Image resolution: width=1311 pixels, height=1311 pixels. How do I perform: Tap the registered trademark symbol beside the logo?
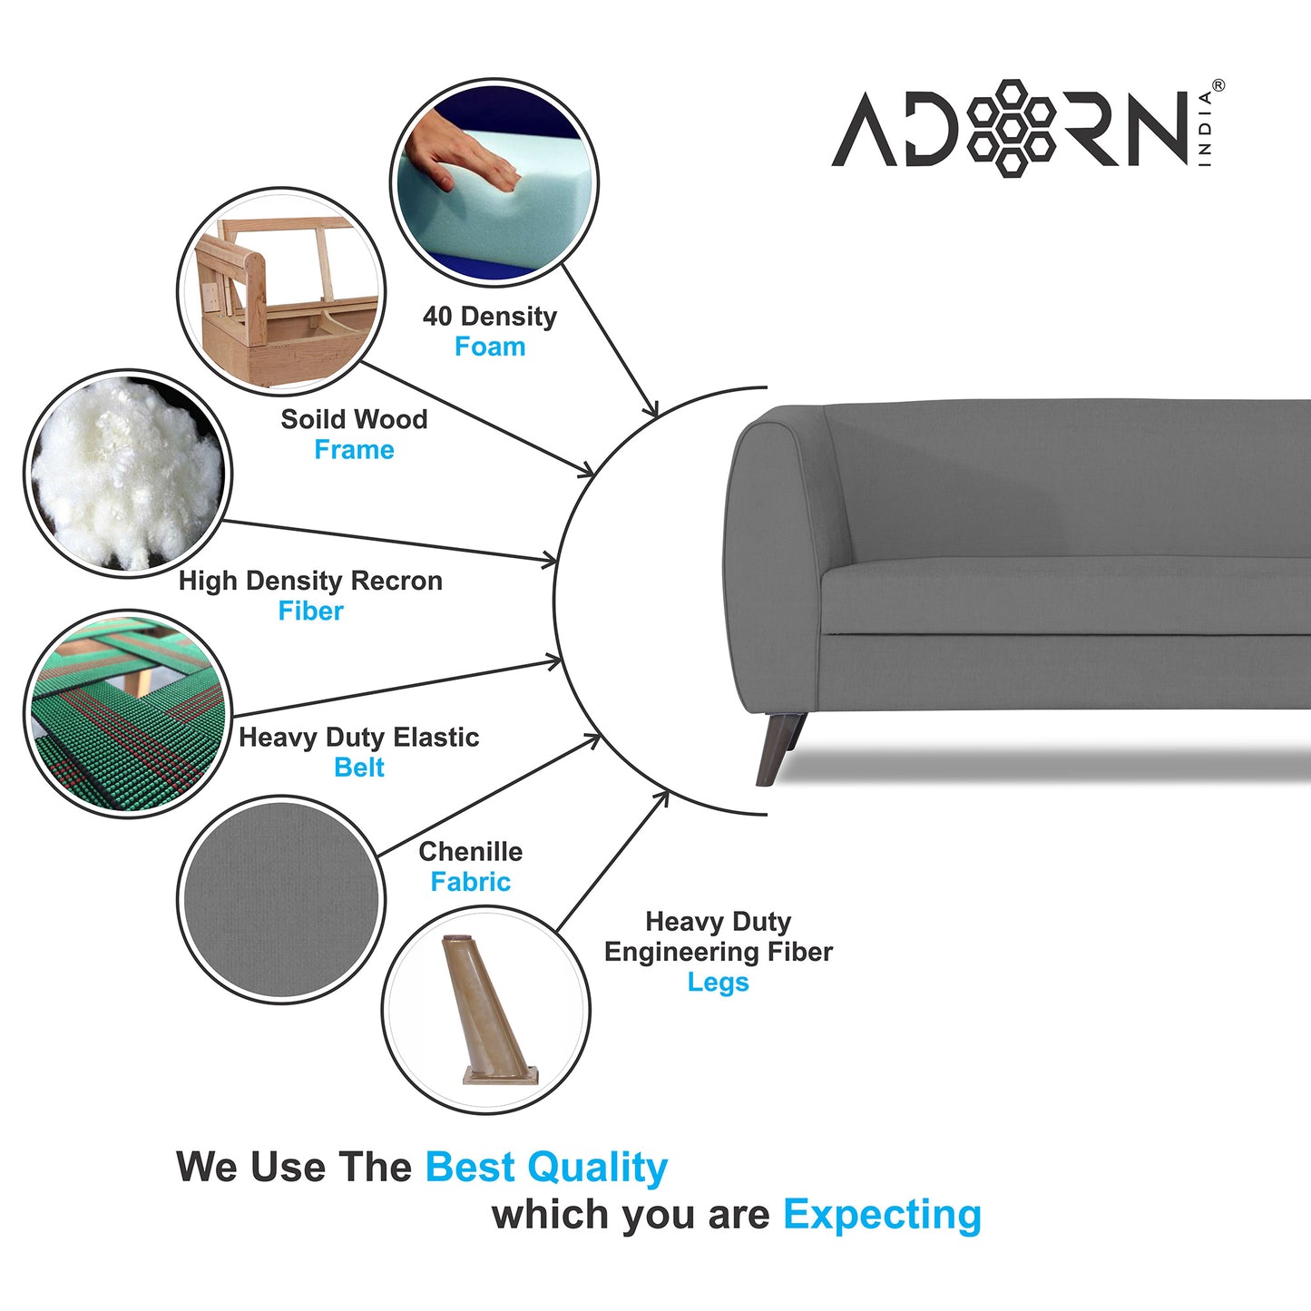(x=1218, y=85)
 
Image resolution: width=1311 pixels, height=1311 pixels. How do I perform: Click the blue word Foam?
(x=490, y=347)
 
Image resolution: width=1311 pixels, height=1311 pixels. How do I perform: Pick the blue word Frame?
(x=354, y=450)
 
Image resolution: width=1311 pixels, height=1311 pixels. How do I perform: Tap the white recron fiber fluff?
(x=126, y=472)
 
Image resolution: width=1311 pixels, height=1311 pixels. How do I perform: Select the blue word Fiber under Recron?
(x=311, y=611)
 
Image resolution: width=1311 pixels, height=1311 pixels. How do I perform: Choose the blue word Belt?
(x=359, y=768)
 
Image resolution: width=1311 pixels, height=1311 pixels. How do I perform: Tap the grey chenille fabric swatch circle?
(x=281, y=899)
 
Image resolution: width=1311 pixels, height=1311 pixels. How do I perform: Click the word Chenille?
(x=470, y=852)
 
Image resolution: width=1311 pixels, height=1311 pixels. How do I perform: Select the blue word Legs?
(x=718, y=983)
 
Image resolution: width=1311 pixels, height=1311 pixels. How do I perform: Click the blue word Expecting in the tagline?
(x=882, y=1215)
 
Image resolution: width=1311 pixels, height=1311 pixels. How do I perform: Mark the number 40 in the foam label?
(x=436, y=317)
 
